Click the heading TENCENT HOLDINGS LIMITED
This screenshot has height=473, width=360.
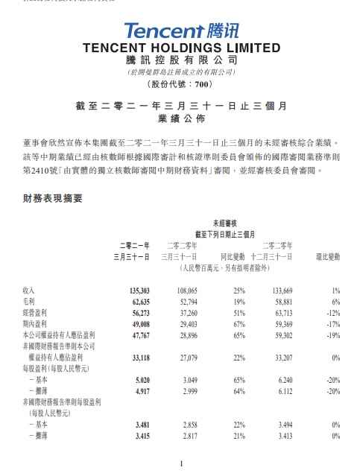180,48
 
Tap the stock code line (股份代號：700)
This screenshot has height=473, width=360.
180,84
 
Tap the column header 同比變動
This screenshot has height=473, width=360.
233,255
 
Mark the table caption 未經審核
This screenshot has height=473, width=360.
224,223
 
